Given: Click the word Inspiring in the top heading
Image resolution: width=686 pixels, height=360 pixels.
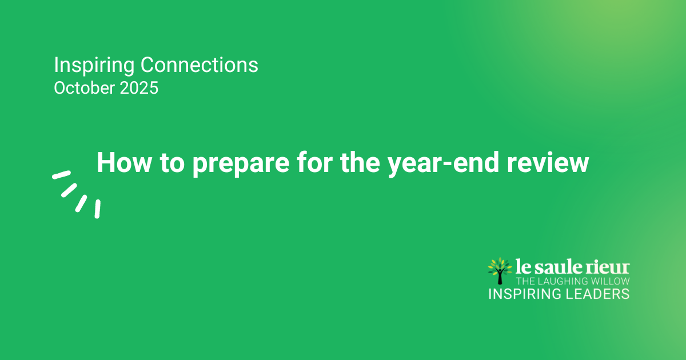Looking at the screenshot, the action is click(94, 66).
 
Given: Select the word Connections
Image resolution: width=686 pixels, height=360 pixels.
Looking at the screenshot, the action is click(200, 65).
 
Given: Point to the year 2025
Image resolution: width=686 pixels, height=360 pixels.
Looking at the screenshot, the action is click(139, 88).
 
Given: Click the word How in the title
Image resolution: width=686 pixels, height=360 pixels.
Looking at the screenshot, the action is click(125, 163).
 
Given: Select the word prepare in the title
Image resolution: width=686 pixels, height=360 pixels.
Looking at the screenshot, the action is click(241, 165).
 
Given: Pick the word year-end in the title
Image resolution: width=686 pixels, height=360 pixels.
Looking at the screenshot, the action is click(443, 165).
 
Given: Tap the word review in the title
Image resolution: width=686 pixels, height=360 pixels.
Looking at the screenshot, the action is click(548, 163).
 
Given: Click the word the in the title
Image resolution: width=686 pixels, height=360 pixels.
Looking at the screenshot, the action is click(360, 163).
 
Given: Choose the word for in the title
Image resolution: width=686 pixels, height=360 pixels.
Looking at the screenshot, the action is click(314, 163).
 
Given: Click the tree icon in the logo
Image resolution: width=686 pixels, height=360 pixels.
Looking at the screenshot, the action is click(500, 271).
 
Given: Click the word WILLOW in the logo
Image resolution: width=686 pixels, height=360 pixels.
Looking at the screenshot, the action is click(607, 281).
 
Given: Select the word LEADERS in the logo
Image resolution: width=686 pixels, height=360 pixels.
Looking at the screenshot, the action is click(597, 294).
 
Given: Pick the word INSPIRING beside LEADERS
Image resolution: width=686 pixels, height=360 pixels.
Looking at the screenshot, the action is click(525, 294).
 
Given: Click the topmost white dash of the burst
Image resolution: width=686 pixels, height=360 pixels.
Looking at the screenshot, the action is click(62, 175).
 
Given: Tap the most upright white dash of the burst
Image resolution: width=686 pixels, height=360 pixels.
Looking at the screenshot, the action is click(97, 209).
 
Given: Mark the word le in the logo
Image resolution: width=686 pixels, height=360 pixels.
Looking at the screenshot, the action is click(523, 266).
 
